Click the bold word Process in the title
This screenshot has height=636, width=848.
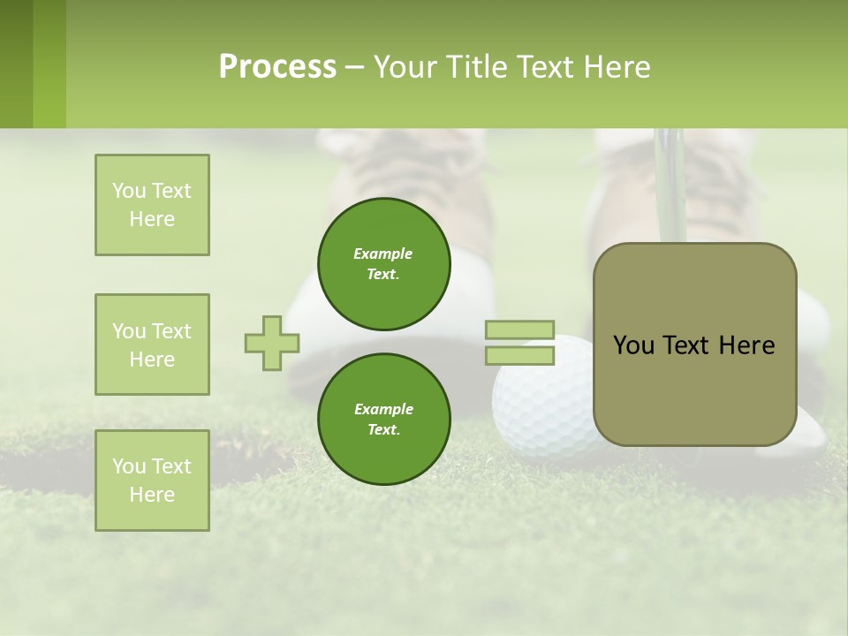pos(277,66)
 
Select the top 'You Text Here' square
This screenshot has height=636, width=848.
pos(152,205)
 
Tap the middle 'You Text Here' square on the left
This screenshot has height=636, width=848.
pos(152,344)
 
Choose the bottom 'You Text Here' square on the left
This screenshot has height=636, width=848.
pos(152,481)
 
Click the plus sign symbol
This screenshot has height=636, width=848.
pos(272,343)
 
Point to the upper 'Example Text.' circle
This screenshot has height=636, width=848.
pos(383,263)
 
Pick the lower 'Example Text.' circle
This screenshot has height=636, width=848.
pos(383,419)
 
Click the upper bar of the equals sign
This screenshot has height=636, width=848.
pos(520,329)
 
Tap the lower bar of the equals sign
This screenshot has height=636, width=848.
pos(520,355)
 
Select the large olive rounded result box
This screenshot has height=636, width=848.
pos(694,344)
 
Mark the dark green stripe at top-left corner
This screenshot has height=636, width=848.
pos(16,64)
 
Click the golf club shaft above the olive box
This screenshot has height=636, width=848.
pos(670,181)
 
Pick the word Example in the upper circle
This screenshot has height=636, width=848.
pos(383,254)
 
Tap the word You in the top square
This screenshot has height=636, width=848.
pos(128,191)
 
